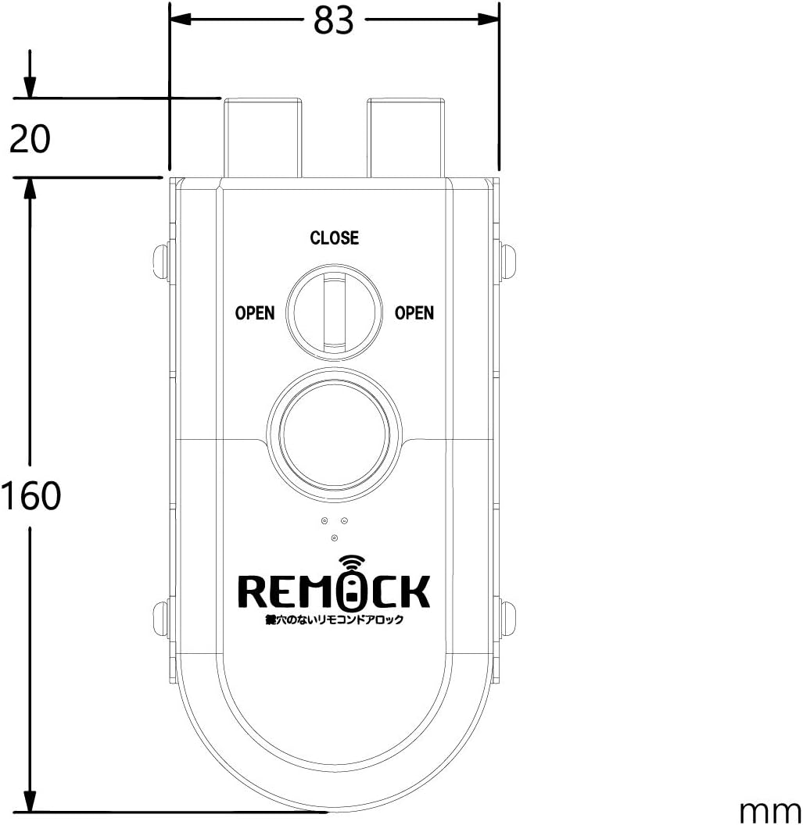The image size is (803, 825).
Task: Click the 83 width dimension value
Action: point(333,21)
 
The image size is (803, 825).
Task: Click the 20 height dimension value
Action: point(30,139)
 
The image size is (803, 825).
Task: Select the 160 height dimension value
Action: point(31,495)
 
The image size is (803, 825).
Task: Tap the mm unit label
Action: point(770,810)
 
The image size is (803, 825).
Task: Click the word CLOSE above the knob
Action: point(335,237)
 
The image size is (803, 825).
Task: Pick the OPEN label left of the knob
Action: point(255,313)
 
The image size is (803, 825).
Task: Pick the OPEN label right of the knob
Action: point(414,313)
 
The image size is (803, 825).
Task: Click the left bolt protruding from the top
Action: point(263,137)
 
